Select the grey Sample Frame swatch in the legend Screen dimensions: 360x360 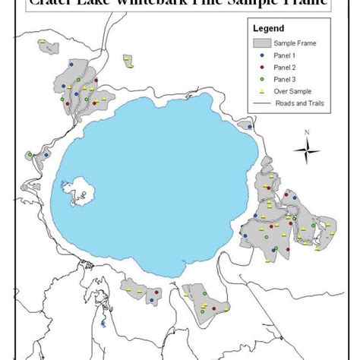point(261,43)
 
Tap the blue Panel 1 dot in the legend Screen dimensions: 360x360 point(261,55)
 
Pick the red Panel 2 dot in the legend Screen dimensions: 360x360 point(261,67)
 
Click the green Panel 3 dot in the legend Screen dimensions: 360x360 point(261,78)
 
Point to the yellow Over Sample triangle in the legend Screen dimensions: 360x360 point(261,90)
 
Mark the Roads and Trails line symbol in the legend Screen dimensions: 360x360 point(261,103)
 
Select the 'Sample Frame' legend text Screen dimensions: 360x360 point(295,43)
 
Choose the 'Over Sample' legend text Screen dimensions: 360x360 point(295,90)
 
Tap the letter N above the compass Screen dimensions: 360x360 point(307,133)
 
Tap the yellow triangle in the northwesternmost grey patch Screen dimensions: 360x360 point(50,49)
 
